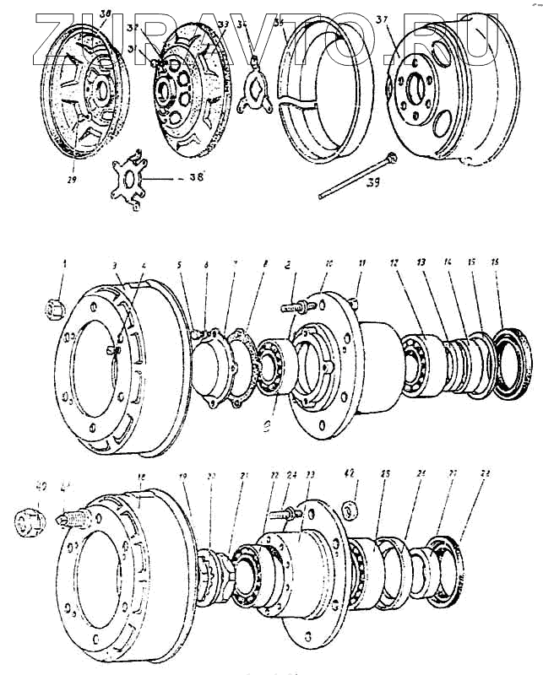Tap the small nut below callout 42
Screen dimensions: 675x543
(353, 510)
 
